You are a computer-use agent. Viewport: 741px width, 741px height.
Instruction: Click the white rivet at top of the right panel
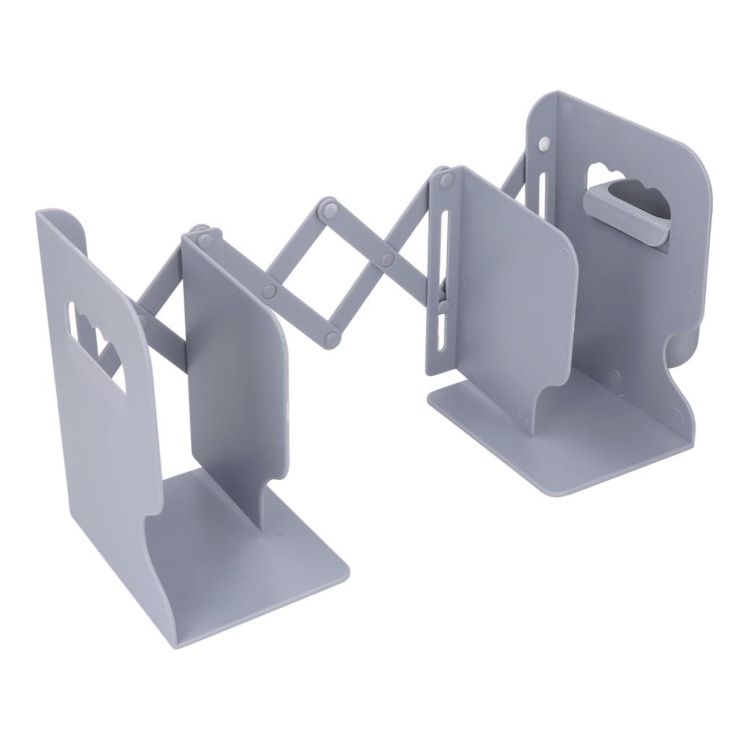tap(543, 145)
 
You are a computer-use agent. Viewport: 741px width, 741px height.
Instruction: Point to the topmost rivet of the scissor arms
tap(330, 208)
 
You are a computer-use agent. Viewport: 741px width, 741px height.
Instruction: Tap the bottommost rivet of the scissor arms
tap(332, 338)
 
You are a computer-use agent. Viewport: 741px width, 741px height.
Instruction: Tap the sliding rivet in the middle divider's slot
tap(443, 306)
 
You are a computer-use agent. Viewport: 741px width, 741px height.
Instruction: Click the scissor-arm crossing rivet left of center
tap(270, 292)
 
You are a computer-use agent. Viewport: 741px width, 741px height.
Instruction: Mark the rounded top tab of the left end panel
tap(65, 221)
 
